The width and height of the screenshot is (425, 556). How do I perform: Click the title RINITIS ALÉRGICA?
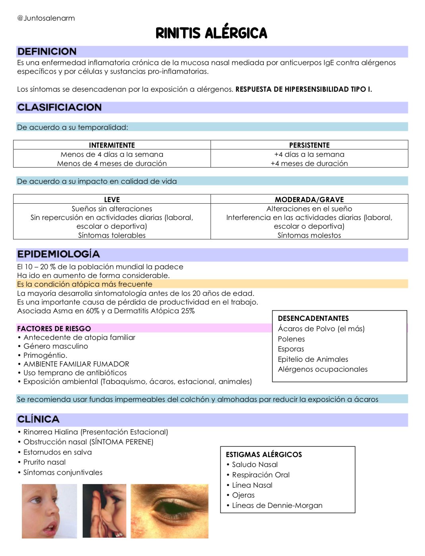(211, 33)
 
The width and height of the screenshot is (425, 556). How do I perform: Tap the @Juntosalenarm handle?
(46, 18)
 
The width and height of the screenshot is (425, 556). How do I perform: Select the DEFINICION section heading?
(47, 52)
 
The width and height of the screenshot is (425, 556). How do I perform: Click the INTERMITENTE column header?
(112, 145)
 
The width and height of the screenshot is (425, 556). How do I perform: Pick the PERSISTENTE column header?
(309, 145)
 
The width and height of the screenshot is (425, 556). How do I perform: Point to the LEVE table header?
(112, 199)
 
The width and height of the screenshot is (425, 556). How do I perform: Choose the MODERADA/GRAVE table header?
(309, 199)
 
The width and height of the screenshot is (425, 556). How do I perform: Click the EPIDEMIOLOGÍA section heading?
(58, 254)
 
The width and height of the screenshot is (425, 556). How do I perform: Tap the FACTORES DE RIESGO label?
(54, 328)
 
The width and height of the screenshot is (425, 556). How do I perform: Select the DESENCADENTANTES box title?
(313, 319)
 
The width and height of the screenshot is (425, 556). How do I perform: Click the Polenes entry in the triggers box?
(291, 339)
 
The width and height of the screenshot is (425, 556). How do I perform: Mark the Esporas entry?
(291, 349)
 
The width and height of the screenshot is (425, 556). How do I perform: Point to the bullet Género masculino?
(56, 346)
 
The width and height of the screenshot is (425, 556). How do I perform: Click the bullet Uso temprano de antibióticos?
(75, 373)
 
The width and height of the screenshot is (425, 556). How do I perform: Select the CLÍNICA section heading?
(38, 419)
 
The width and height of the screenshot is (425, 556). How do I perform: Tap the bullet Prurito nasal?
(44, 462)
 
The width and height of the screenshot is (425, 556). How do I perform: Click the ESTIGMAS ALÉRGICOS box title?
(264, 455)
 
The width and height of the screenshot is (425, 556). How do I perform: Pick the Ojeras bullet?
(243, 495)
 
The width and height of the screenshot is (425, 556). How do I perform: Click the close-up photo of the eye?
(170, 511)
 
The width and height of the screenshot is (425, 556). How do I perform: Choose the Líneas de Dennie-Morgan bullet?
(277, 506)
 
